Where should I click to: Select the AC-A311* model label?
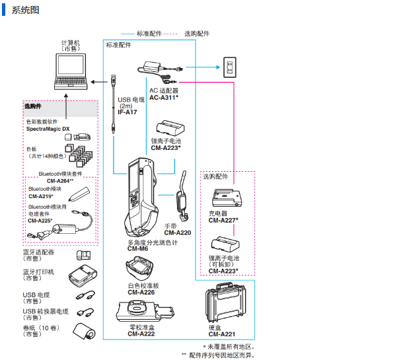click(164, 97)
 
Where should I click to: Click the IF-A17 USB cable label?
click(127, 112)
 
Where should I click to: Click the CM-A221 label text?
click(222, 335)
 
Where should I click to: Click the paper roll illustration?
click(85, 331)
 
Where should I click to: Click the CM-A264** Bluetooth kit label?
click(60, 180)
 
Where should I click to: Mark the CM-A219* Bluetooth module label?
click(41, 196)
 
